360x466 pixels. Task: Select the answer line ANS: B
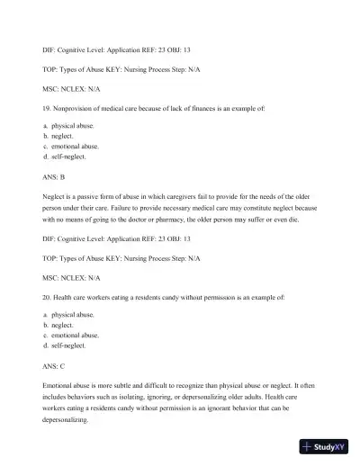[55, 177]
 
